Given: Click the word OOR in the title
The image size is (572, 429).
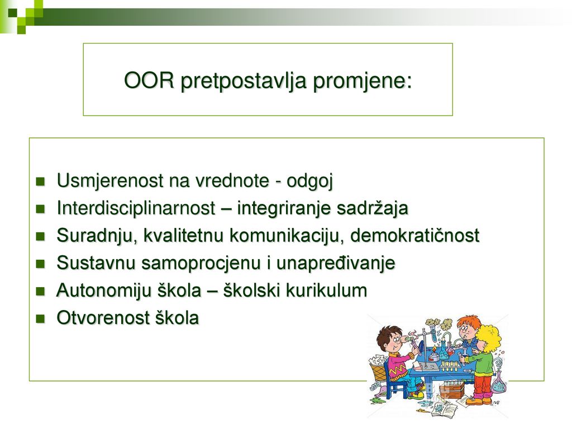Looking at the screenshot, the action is click(x=149, y=80).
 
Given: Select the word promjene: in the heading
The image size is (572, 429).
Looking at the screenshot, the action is click(x=363, y=81).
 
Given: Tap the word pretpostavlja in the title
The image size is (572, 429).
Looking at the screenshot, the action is click(x=244, y=81).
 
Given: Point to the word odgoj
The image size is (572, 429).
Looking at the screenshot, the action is click(x=309, y=181).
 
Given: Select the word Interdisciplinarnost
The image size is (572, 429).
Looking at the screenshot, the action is click(x=136, y=208).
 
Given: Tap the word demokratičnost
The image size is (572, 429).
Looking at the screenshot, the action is click(x=415, y=235).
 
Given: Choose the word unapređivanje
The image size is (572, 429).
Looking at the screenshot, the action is click(x=336, y=263).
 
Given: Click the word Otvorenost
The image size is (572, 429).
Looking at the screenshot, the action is click(x=103, y=318).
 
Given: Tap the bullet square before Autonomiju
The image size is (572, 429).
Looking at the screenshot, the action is click(x=40, y=292).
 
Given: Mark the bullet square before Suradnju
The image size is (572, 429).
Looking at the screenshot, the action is click(x=40, y=237).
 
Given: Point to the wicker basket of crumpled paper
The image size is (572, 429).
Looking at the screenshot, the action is click(x=379, y=369).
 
